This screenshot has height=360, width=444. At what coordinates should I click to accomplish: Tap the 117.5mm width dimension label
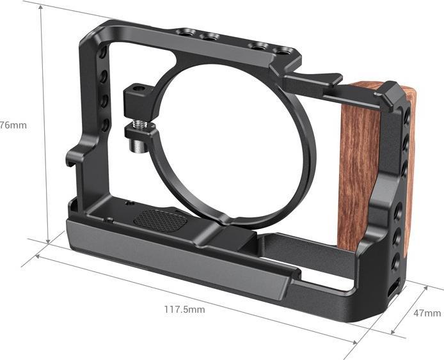click(184, 309)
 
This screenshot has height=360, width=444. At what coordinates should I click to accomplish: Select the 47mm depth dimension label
click(427, 313)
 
